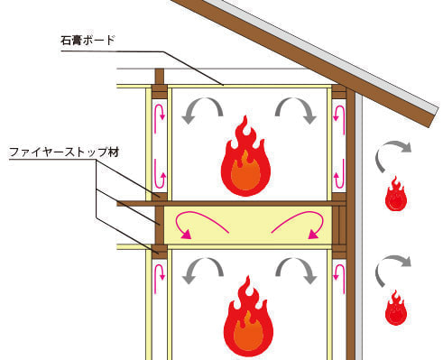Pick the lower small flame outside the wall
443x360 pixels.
395,308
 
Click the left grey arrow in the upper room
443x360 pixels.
202,110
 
